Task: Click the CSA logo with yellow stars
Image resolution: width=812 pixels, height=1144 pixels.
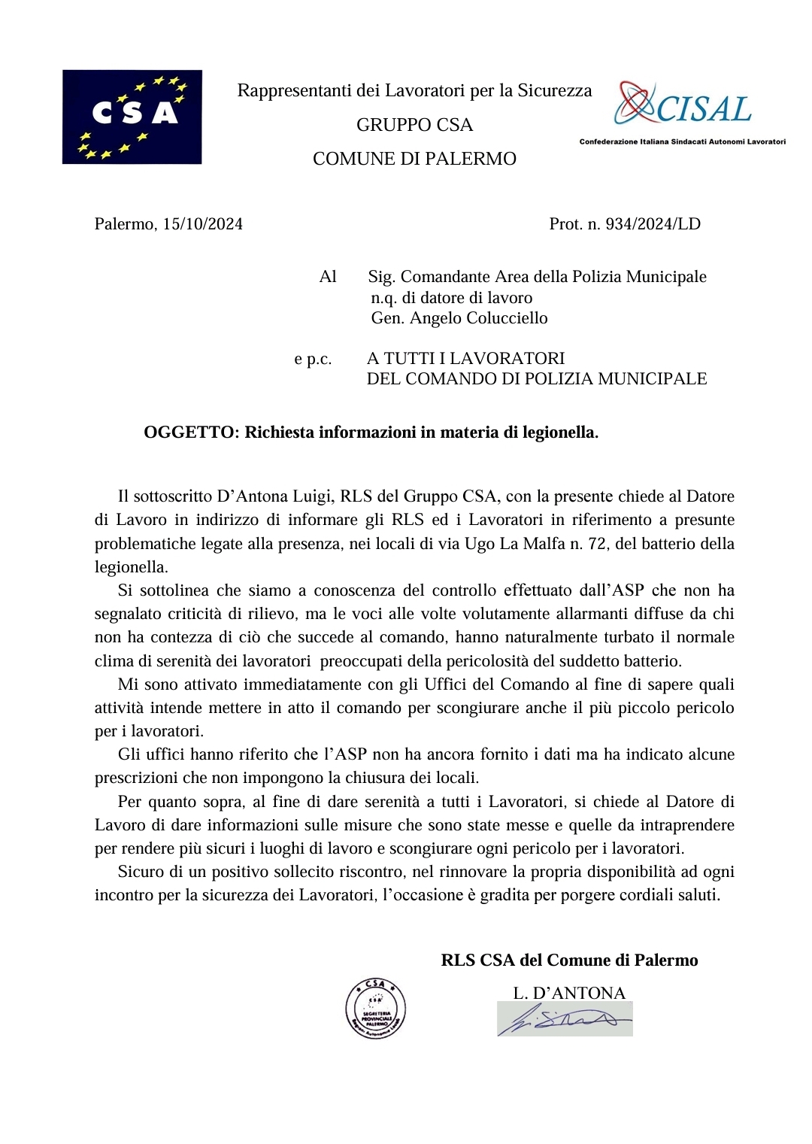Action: click(132, 117)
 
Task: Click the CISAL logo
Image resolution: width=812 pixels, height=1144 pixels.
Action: click(683, 105)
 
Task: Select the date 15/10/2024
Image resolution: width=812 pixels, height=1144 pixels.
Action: click(202, 224)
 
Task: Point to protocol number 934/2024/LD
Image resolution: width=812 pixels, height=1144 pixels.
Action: click(653, 224)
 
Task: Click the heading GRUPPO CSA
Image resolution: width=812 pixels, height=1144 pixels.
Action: click(414, 125)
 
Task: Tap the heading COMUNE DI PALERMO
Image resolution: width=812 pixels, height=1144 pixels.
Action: click(414, 159)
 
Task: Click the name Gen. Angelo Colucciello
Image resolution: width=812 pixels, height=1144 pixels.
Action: click(459, 318)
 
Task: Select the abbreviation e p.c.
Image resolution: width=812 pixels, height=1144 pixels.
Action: click(313, 359)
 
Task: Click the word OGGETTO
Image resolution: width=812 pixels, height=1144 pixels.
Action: click(189, 432)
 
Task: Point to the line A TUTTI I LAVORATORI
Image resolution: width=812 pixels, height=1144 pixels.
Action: click(465, 359)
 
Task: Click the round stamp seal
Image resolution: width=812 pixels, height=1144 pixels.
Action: click(375, 1009)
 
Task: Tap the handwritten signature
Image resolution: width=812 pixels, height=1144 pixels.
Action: click(565, 1019)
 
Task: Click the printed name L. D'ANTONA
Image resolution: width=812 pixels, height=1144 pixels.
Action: click(569, 993)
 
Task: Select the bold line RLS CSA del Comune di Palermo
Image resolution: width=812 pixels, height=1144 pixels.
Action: click(569, 960)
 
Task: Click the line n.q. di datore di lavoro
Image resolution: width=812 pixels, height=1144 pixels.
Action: click(451, 298)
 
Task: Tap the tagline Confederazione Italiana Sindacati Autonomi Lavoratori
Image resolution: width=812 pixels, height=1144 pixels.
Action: click(682, 141)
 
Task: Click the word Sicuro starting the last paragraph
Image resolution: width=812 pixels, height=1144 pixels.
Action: click(141, 872)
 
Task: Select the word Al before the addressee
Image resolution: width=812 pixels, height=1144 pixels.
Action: click(328, 277)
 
